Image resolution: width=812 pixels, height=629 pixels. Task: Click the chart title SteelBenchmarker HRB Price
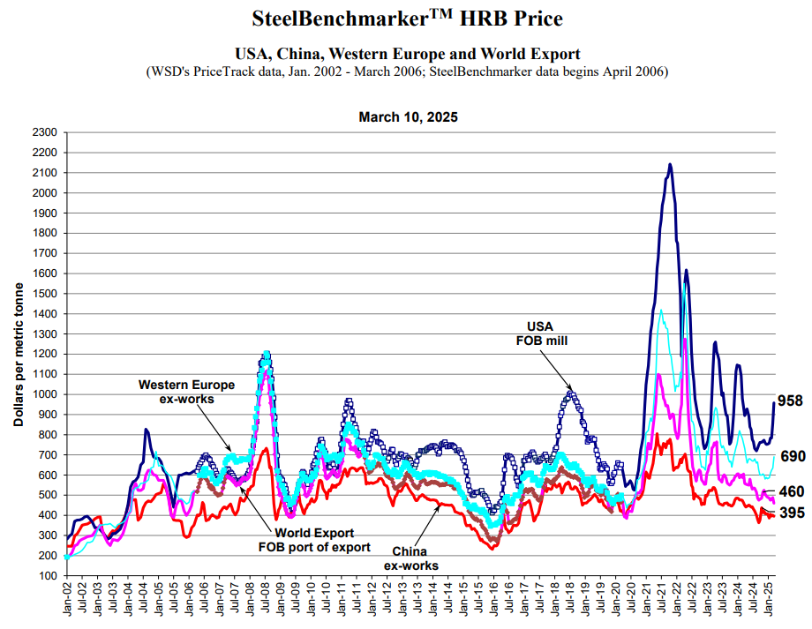407,18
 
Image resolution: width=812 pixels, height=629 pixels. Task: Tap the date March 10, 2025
408,117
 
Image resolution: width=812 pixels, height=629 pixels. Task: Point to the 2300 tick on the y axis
44,132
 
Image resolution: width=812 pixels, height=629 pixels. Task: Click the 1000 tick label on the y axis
44,394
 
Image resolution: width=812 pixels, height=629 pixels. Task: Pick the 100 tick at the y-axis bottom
48,575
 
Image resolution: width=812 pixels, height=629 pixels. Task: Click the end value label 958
789,401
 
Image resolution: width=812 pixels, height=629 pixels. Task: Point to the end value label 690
793,456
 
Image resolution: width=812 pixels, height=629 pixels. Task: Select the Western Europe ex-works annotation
185,392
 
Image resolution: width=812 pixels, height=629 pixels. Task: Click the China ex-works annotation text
410,558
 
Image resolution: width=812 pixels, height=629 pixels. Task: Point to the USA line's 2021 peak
670,164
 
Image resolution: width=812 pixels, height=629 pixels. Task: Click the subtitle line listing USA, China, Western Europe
407,54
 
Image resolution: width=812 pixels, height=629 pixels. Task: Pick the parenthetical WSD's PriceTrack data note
407,71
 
